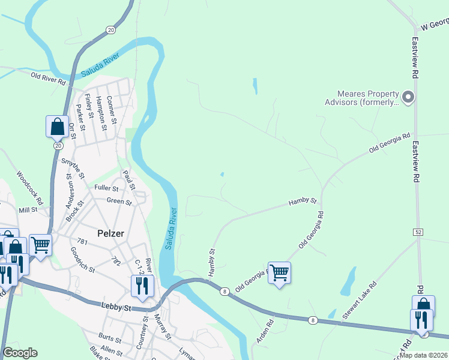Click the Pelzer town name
coord(110,233)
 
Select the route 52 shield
coord(418,231)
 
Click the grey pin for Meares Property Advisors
coord(408,97)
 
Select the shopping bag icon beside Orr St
coord(57,127)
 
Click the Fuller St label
coord(107,188)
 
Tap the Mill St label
coord(28,210)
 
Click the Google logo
coord(20,353)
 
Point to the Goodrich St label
coord(82,260)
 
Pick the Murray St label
coord(160,326)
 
